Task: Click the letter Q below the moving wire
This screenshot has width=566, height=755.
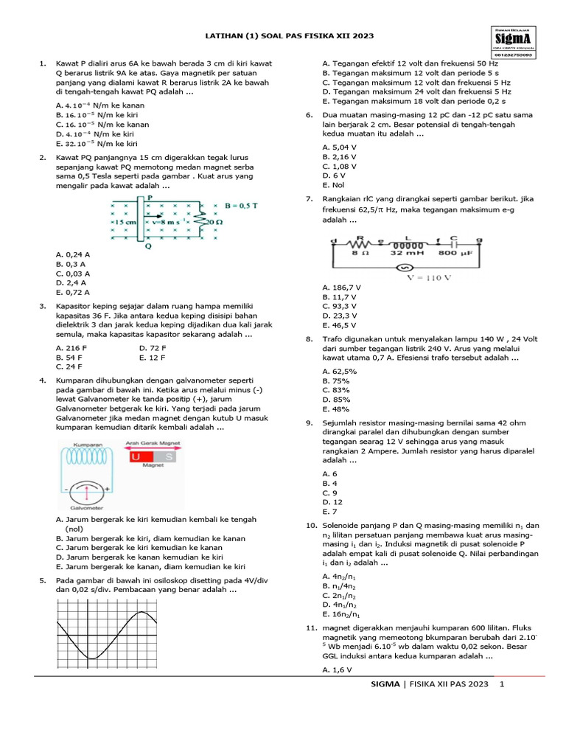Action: pyautogui.click(x=148, y=246)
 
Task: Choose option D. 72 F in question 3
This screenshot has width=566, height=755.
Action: pyautogui.click(x=153, y=347)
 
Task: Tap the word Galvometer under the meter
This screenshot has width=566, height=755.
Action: pyautogui.click(x=88, y=507)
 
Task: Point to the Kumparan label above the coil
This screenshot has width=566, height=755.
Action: pyautogui.click(x=86, y=445)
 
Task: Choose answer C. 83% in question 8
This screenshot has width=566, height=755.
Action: pyautogui.click(x=336, y=390)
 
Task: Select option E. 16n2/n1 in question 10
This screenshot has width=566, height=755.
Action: pyautogui.click(x=341, y=613)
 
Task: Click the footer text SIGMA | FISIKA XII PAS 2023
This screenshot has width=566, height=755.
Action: pyautogui.click(x=430, y=686)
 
